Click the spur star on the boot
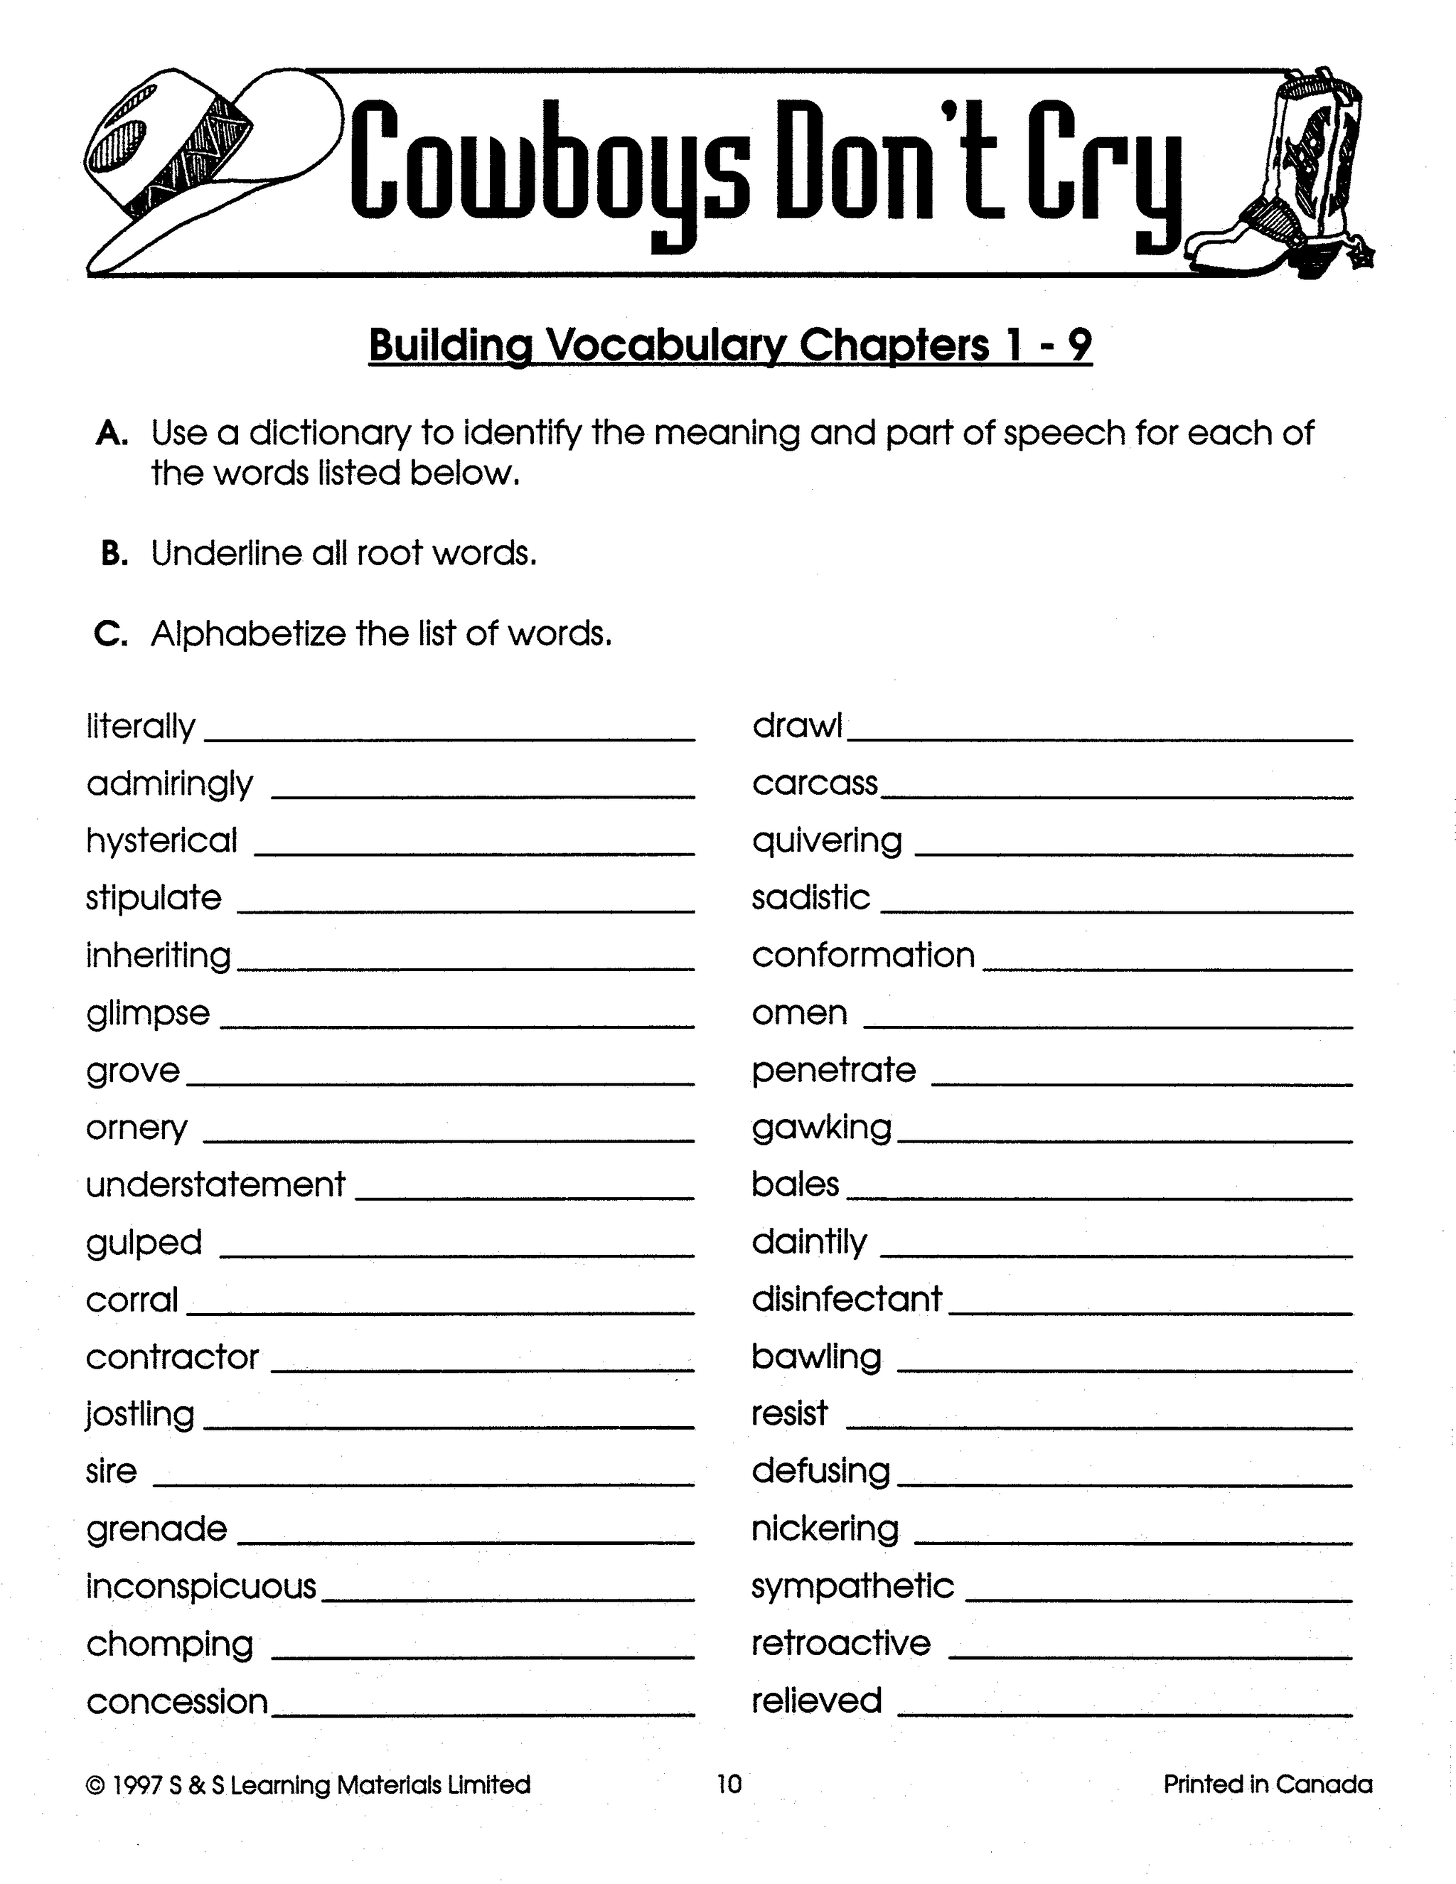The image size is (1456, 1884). click(x=1362, y=256)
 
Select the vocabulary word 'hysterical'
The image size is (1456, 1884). click(x=161, y=841)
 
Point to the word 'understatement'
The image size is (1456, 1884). click(x=215, y=1184)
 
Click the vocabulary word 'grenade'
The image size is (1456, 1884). click(x=156, y=1529)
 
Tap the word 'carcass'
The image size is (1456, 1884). click(x=814, y=783)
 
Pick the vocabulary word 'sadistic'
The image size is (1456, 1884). click(x=810, y=898)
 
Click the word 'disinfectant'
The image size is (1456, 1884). click(x=846, y=1299)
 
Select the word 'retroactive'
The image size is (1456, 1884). click(x=841, y=1643)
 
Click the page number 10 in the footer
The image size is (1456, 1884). click(x=729, y=1784)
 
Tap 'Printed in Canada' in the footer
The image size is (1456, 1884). click(x=1267, y=1784)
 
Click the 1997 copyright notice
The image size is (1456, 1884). click(x=308, y=1784)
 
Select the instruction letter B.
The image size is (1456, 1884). click(x=114, y=554)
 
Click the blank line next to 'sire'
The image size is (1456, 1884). click(x=423, y=1484)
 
